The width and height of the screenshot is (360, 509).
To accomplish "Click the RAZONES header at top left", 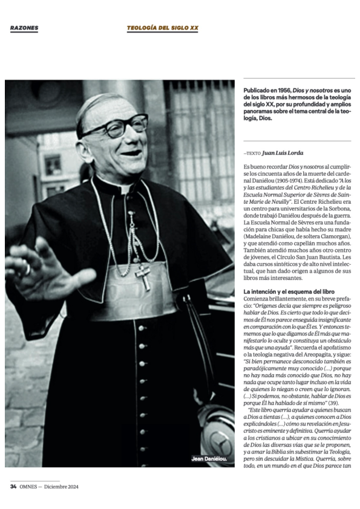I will (x=24, y=28).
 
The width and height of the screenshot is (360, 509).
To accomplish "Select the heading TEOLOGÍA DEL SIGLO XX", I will (x=162, y=28).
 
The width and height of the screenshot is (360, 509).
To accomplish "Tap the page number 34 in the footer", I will (x=13, y=486).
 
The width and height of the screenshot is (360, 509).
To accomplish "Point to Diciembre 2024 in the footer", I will (x=61, y=486).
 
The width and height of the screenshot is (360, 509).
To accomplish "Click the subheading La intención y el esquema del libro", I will (x=280, y=291).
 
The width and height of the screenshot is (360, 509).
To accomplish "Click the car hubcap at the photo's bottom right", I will (x=218, y=433).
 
